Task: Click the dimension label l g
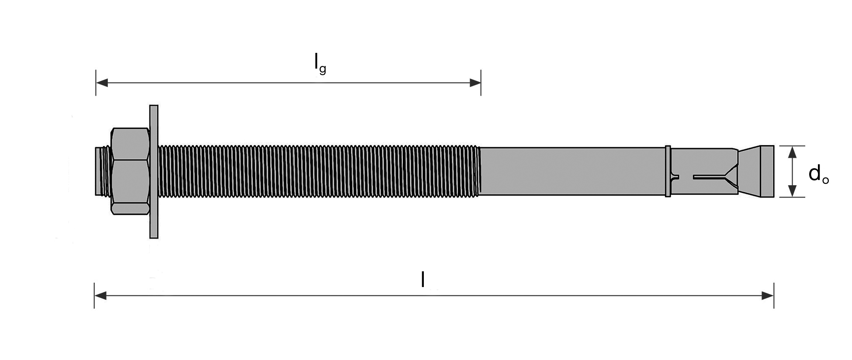[320, 63]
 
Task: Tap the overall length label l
[423, 279]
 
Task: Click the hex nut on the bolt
[131, 171]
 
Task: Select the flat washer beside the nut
[154, 172]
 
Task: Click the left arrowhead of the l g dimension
[102, 83]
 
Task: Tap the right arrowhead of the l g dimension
[475, 83]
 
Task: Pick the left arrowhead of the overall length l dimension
[100, 296]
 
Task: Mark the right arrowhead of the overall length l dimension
[768, 296]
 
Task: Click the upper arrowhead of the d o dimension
[792, 152]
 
